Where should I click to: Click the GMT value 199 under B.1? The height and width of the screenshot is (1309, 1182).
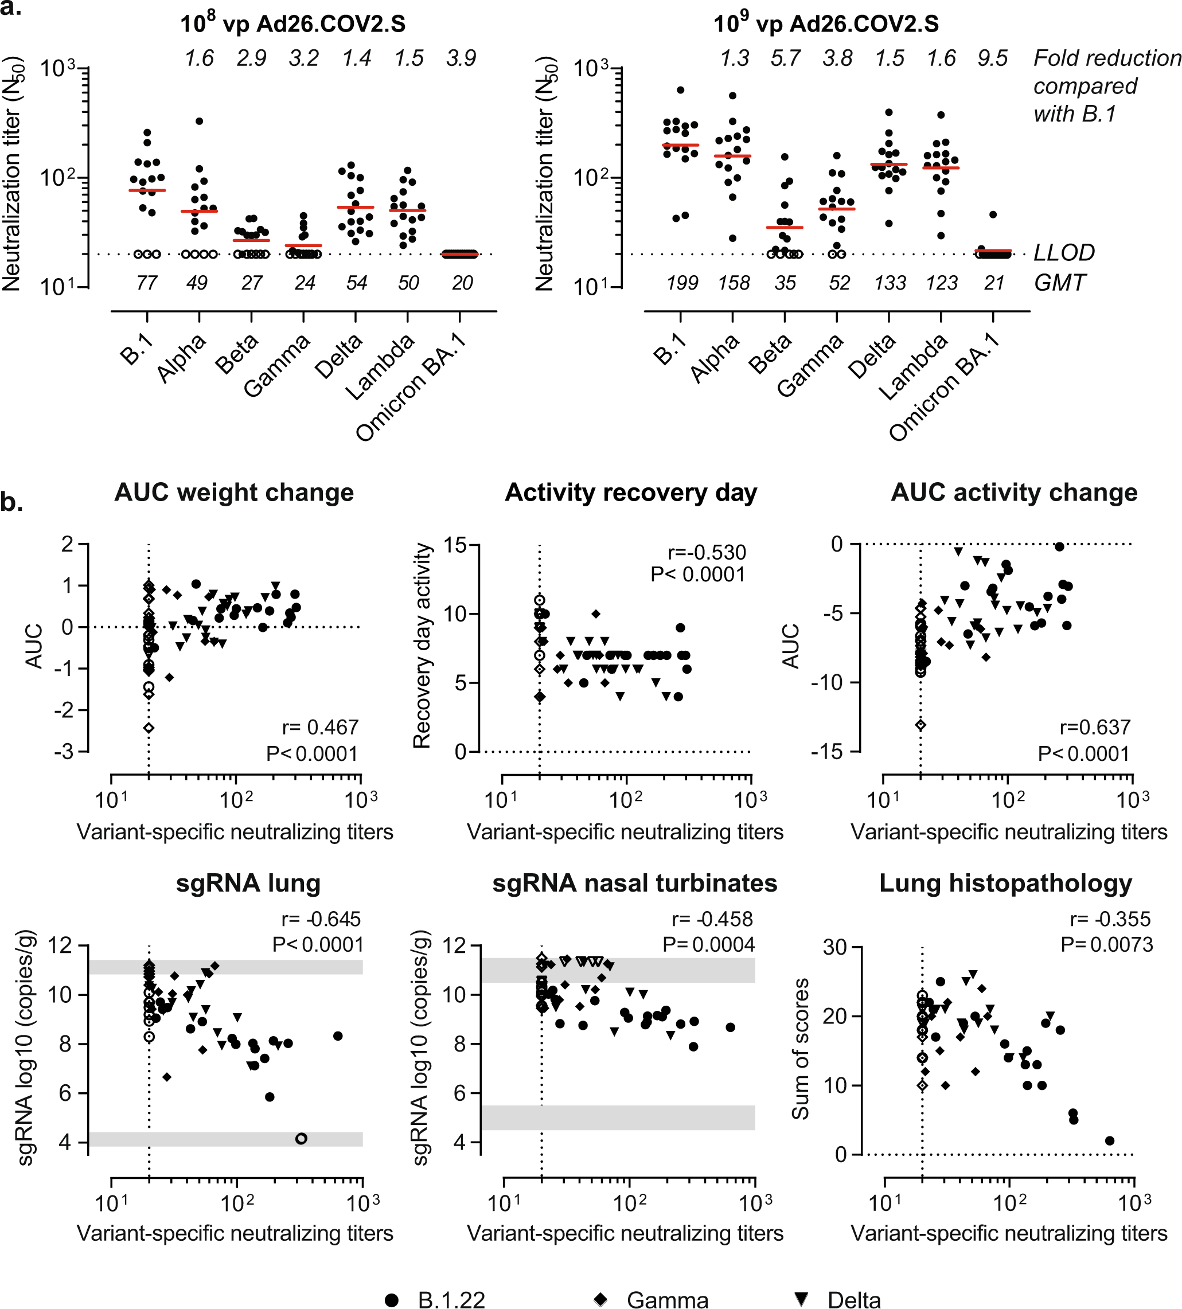[682, 283]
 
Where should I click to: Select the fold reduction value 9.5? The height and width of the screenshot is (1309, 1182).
[992, 58]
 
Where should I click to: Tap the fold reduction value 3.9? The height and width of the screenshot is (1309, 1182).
[461, 58]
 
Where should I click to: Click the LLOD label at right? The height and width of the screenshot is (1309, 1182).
[1064, 253]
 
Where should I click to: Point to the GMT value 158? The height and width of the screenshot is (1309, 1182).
[734, 283]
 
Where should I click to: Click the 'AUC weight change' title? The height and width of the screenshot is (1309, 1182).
[234, 493]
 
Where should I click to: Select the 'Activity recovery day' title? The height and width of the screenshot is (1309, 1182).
[631, 493]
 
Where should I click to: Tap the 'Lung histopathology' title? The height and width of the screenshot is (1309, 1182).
[1005, 884]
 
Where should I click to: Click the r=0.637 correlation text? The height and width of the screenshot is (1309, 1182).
[1094, 727]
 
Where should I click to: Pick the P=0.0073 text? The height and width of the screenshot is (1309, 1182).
[1107, 945]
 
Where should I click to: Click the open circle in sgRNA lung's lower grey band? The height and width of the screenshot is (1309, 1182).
[301, 1138]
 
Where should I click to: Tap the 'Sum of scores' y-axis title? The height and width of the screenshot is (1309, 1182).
[800, 1049]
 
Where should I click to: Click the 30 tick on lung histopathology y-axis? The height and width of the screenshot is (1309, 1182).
[834, 947]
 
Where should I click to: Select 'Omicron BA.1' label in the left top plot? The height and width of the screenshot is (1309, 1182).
[413, 389]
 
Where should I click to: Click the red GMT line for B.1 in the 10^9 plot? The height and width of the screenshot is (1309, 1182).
[681, 146]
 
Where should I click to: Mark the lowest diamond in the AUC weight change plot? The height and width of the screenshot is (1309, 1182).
[149, 728]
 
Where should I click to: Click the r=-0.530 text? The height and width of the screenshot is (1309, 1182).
[707, 553]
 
